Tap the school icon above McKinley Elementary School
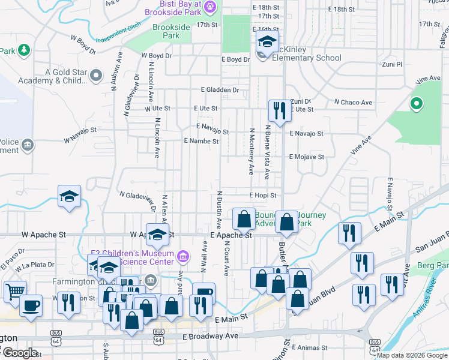267,43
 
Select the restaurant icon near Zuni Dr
277,111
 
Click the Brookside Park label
171,31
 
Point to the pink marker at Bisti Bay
209,7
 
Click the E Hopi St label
263,195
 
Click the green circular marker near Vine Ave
415,104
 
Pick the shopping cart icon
15,292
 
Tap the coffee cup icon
31,305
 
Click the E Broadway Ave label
211,337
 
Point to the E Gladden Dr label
220,90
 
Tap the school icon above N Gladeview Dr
70,196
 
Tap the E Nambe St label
201,141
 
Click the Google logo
20,353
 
